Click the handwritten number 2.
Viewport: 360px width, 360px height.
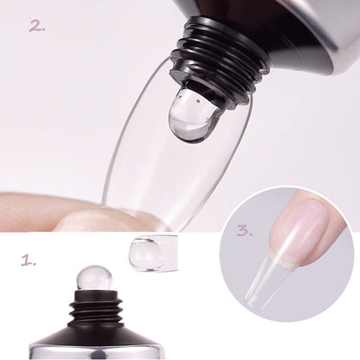pos(35,25)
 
